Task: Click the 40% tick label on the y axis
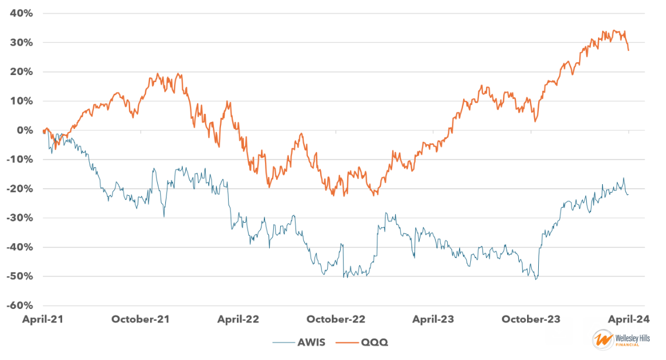click(x=21, y=13)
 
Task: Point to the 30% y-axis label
click(x=21, y=42)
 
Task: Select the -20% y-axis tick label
click(x=18, y=189)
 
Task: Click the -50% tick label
click(x=18, y=276)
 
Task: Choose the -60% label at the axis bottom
click(x=18, y=305)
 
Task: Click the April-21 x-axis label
click(x=42, y=320)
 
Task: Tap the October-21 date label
click(x=141, y=320)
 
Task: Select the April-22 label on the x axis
click(x=238, y=320)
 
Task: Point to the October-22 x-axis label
click(x=336, y=320)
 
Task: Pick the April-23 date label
click(x=433, y=320)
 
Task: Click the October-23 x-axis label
click(x=531, y=320)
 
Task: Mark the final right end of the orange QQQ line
click(x=628, y=50)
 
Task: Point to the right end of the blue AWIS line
click(x=628, y=194)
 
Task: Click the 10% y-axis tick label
click(x=21, y=101)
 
